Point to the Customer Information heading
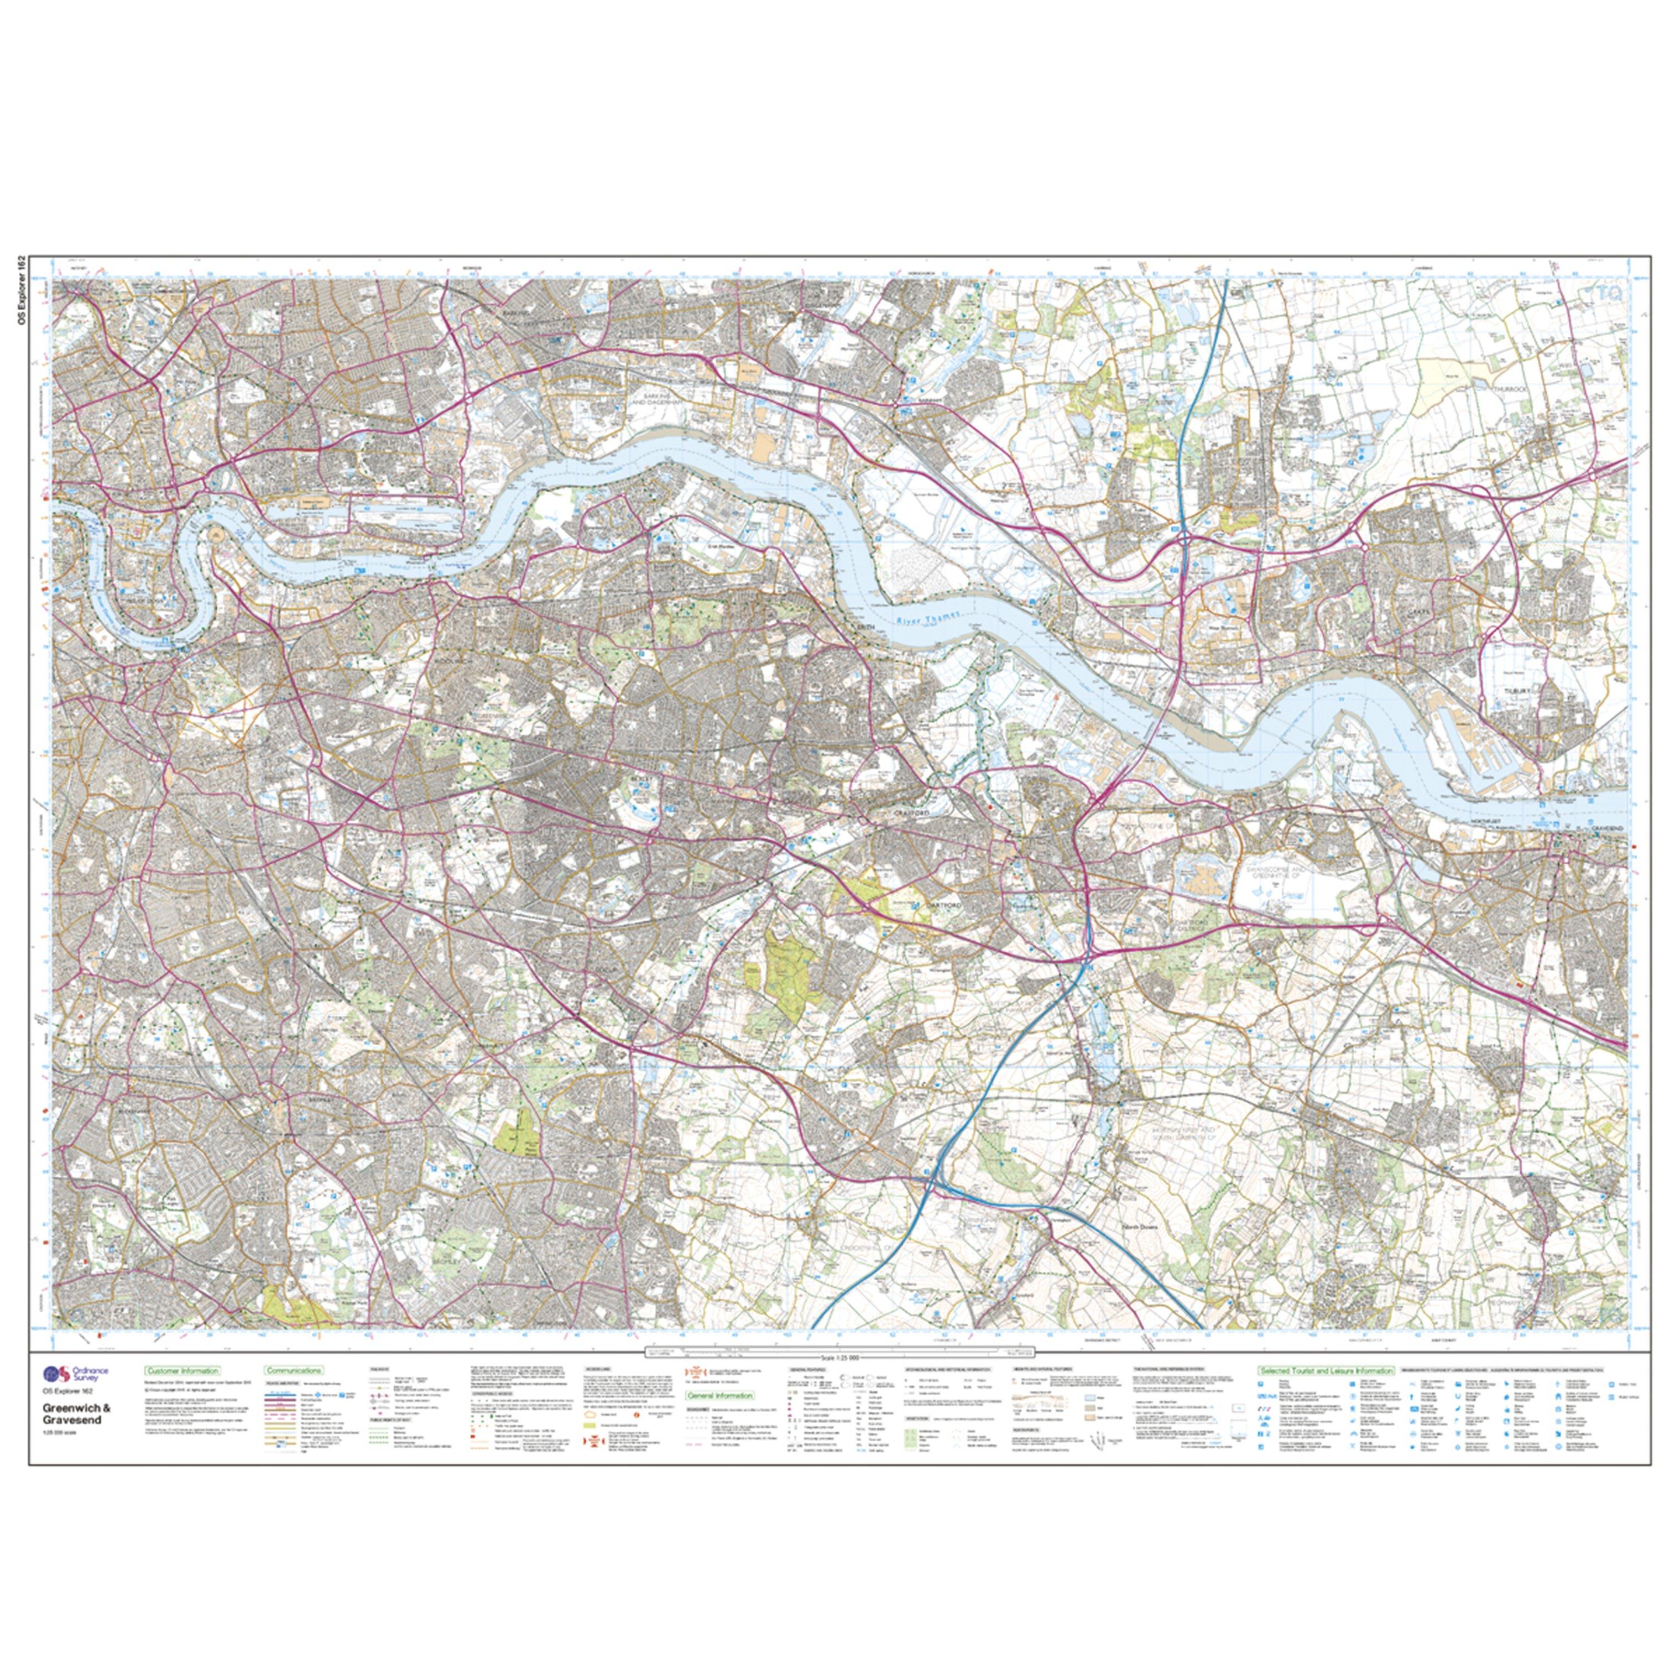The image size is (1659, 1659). coord(182,1371)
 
